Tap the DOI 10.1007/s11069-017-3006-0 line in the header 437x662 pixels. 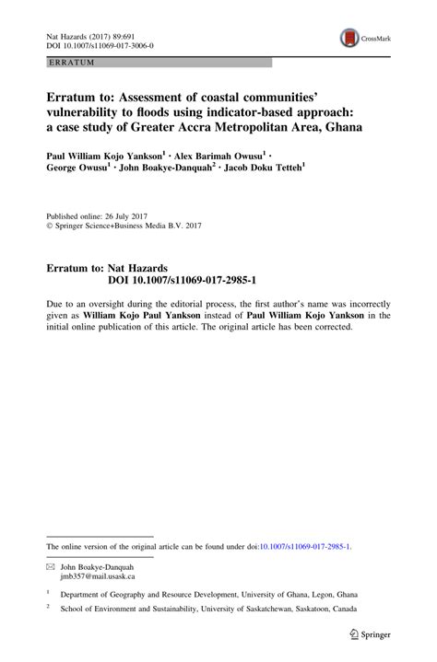[x=100, y=44]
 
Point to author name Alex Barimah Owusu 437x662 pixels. [x=220, y=157]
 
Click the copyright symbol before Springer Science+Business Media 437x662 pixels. [x=50, y=224]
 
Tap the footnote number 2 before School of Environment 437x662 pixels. [x=48, y=609]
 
